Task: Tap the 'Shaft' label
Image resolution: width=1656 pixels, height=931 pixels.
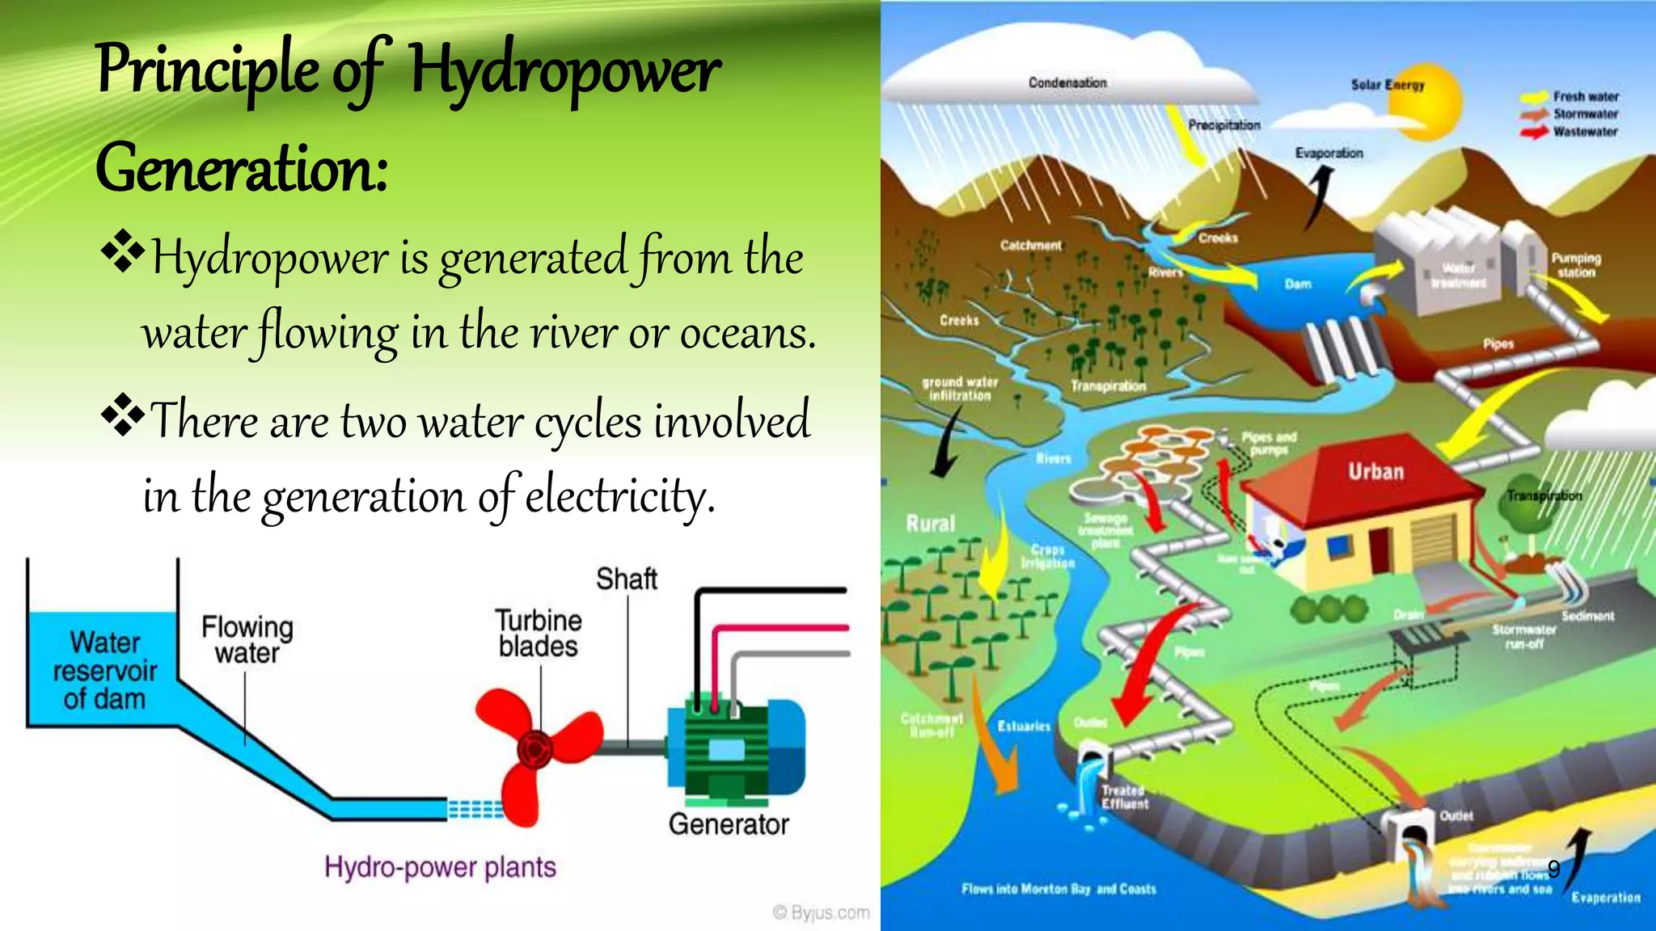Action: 626,579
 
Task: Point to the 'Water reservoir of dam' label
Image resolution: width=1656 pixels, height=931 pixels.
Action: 104,671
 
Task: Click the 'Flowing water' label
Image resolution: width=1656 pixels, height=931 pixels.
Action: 247,639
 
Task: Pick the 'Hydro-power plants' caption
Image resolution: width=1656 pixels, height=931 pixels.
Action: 440,867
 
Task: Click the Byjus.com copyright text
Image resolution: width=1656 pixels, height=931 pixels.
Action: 822,912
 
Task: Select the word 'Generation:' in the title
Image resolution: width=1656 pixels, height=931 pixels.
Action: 242,168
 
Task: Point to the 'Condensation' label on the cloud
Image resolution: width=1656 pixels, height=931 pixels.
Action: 1067,82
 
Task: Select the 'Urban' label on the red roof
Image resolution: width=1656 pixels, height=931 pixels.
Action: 1375,471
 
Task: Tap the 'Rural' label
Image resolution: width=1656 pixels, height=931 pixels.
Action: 930,524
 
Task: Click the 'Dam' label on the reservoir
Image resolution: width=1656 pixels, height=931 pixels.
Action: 1298,284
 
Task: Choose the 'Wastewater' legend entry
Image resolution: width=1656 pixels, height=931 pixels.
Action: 1585,132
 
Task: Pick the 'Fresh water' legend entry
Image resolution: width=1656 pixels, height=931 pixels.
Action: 1585,96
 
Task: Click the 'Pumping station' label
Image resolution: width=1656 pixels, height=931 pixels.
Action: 1576,265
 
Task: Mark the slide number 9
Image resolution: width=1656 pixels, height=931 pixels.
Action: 1553,869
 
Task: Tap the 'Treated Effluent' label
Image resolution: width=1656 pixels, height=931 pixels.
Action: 1124,797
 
